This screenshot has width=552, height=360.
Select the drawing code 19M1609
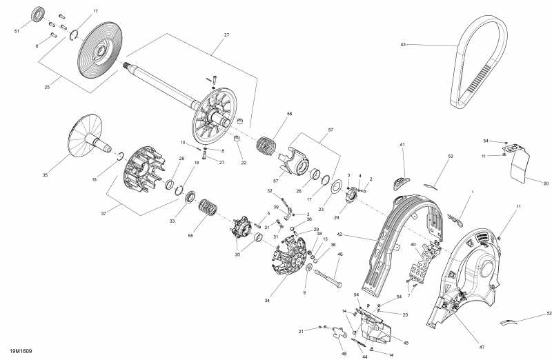coord(21,351)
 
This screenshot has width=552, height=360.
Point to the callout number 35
coord(45,176)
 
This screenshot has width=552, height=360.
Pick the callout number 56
coord(290,114)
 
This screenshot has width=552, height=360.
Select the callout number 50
coord(546,183)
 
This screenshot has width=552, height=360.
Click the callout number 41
coord(402,145)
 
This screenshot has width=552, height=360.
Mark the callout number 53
coord(450,157)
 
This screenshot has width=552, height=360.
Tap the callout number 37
coord(103,214)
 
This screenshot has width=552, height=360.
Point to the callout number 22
coord(243,163)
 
